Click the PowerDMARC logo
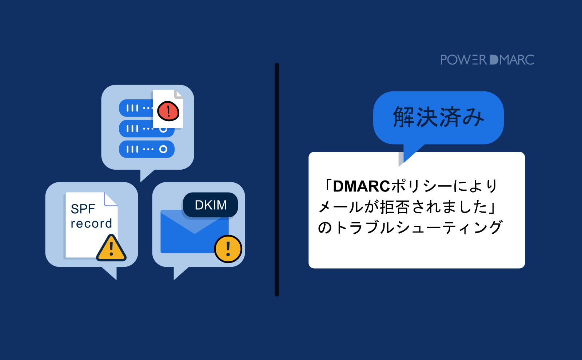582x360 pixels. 487,60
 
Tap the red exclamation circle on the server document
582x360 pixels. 168,111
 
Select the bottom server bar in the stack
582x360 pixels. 147,149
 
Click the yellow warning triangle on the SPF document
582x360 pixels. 111,249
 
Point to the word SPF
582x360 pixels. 83,209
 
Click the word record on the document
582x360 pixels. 91,223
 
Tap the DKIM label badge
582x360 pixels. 211,205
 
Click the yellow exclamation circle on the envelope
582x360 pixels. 228,249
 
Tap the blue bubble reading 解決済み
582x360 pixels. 438,117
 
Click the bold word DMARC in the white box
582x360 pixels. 361,186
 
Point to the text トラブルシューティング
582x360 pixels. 418,228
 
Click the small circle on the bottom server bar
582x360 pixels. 163,149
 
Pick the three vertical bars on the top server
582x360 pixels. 132,108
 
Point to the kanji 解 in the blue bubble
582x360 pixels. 404,117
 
